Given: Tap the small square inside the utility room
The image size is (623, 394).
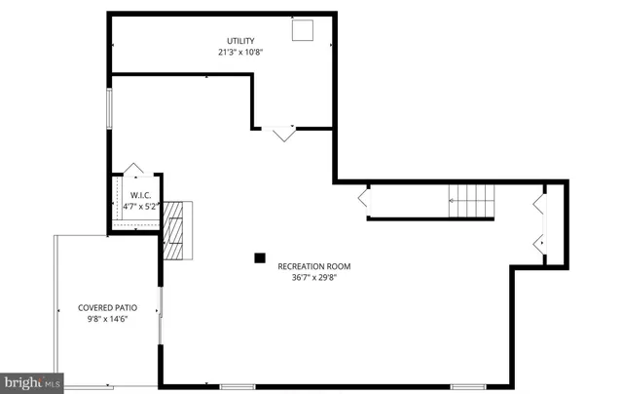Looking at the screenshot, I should click(x=304, y=31).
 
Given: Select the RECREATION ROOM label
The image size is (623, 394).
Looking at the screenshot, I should click(x=313, y=266).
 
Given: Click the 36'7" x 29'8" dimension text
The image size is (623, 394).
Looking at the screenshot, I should click(x=313, y=277).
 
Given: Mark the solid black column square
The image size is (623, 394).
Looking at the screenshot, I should click(x=260, y=257).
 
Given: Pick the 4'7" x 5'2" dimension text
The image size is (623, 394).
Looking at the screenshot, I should click(x=137, y=207).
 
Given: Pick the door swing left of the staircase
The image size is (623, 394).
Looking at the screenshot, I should click(x=363, y=199).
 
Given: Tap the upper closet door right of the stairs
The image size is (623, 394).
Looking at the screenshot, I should click(x=538, y=203).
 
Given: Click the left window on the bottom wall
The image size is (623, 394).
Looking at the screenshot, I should click(x=238, y=387).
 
